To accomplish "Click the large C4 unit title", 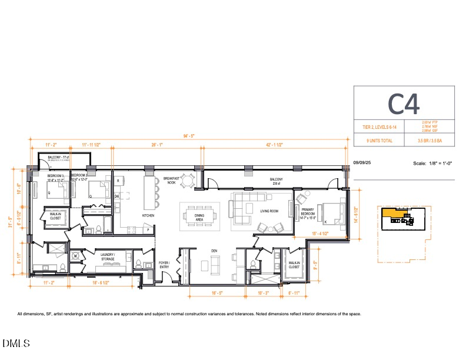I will pos(404,104).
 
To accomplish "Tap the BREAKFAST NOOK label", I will pos(171,181).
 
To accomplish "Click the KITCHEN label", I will pos(148,215).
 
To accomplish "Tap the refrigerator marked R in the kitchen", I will pos(118,181).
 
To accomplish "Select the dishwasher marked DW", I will pos(117,196).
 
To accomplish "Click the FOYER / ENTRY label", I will pos(164,265).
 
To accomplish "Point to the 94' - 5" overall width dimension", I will pos(188,136).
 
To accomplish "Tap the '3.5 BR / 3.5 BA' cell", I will pos(431,141).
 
